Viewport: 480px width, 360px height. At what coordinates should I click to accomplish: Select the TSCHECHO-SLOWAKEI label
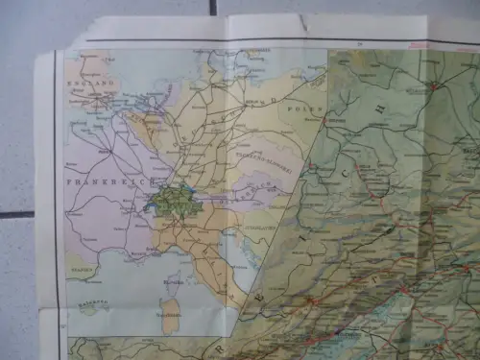[x=258, y=153]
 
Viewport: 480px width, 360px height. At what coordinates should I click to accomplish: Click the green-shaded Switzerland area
[x=169, y=202]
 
